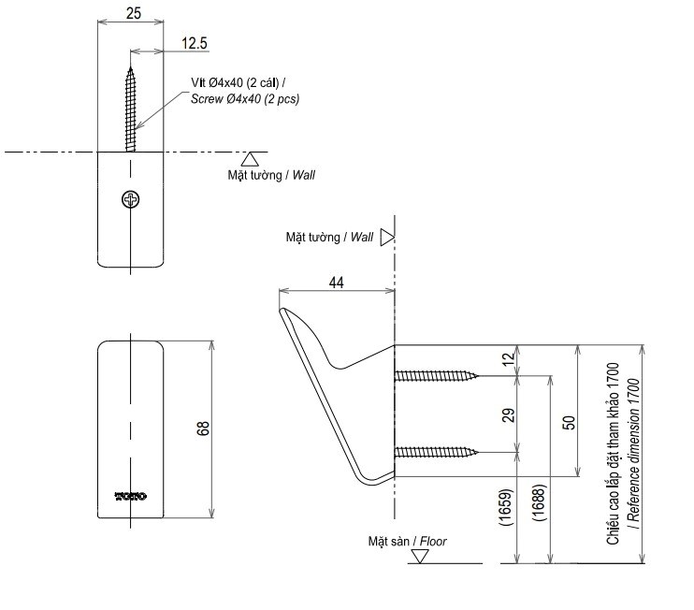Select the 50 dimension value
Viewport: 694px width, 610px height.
click(x=567, y=423)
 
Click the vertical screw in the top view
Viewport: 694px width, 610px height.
click(x=130, y=108)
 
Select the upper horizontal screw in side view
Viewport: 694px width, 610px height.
click(x=436, y=376)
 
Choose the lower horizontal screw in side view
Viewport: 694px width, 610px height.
click(x=436, y=454)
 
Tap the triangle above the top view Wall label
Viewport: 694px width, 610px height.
click(x=251, y=159)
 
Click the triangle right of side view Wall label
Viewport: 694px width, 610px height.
click(x=386, y=238)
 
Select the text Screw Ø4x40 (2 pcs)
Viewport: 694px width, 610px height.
click(x=245, y=98)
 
